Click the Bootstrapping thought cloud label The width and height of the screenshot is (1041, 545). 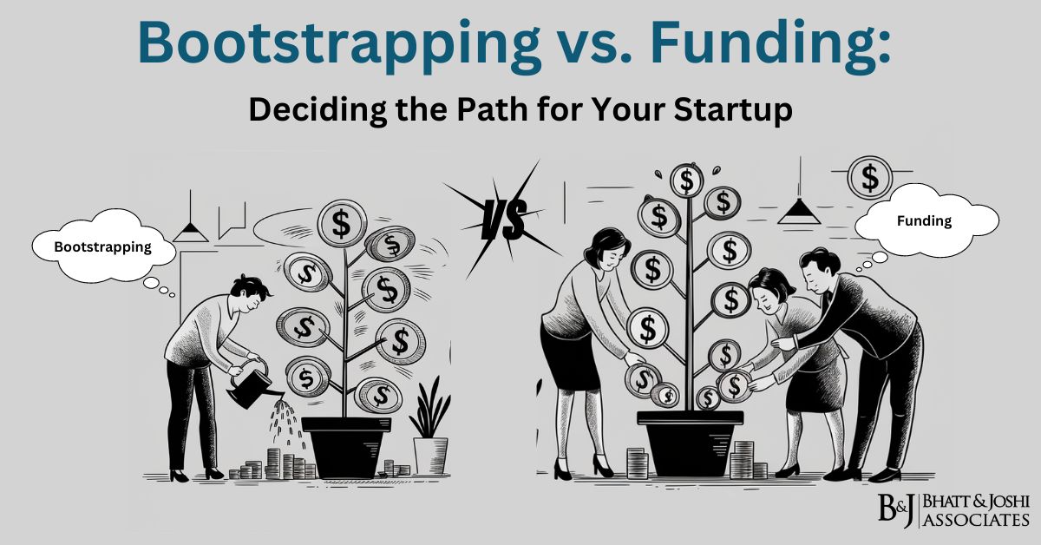point(102,246)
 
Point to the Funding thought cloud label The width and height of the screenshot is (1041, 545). point(924,220)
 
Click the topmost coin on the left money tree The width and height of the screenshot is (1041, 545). point(343,223)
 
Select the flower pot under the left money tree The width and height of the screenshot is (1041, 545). point(346,447)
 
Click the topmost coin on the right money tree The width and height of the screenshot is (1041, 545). point(687,181)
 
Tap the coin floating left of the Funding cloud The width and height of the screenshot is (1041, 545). point(868,179)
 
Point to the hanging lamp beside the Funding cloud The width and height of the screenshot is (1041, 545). point(797,210)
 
